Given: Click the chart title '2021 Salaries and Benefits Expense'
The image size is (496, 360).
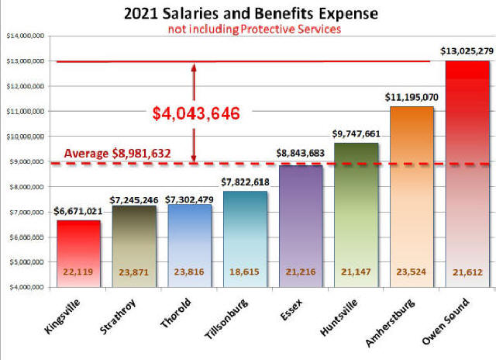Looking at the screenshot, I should click(251, 13).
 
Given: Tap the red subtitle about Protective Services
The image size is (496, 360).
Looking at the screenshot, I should click(251, 29).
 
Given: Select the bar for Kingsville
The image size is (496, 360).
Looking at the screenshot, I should click(79, 253).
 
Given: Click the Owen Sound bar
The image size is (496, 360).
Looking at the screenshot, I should click(468, 175).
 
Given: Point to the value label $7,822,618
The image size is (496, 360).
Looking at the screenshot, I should click(246, 182).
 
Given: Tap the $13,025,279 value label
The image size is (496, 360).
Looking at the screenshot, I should click(468, 50).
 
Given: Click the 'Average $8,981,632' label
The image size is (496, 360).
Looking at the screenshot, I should click(117, 154).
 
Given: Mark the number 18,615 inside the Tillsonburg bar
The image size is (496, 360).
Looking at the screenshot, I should click(245, 272).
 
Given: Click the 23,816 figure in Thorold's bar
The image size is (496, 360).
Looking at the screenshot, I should click(189, 272).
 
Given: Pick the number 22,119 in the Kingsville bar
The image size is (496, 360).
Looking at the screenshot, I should click(79, 272).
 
